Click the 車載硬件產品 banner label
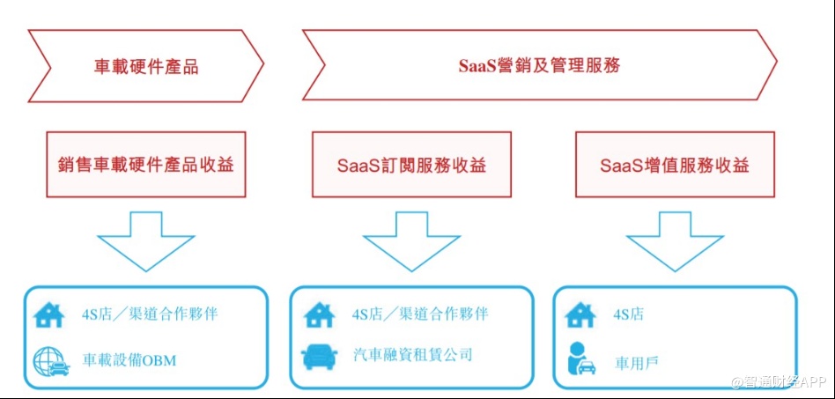tap(146, 66)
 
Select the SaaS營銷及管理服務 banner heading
tap(539, 65)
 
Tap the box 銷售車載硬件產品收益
tap(146, 165)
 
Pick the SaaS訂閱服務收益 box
tap(411, 165)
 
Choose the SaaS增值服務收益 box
tap(675, 165)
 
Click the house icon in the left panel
tap(49, 314)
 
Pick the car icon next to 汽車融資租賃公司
tap(319, 356)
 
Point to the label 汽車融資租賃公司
tap(411, 355)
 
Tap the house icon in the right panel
tap(580, 314)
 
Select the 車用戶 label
tap(635, 360)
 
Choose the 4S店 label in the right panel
tap(631, 314)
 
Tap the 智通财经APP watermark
tap(778, 383)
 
